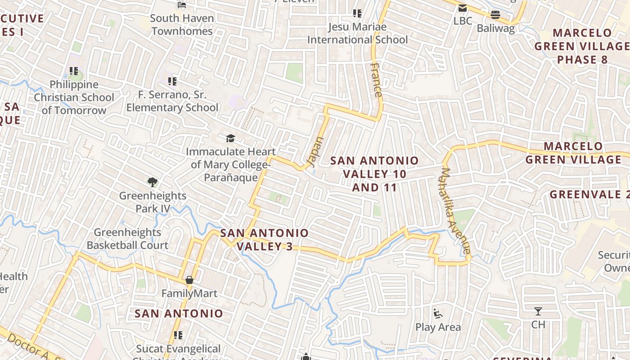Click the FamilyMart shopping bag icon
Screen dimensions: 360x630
coord(189,280)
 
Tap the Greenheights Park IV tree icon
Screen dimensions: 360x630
coord(153,182)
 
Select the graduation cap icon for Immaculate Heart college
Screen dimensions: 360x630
coord(230,138)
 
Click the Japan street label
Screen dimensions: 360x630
coord(315,152)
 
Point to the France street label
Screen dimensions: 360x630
coord(377,80)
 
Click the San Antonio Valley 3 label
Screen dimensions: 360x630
coord(265,239)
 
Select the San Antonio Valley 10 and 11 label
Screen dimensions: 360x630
coord(374,174)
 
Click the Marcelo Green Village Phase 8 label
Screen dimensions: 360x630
coord(582,46)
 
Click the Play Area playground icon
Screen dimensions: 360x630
coord(437,313)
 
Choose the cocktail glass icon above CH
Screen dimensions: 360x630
coord(538,311)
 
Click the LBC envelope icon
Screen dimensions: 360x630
coord(463,8)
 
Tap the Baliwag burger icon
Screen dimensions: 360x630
coord(495,14)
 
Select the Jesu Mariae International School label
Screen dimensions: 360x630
coord(357,33)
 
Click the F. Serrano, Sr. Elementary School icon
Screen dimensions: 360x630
coord(172,81)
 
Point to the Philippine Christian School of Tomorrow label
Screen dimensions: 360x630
coord(74,97)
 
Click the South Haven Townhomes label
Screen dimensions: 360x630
coord(182,25)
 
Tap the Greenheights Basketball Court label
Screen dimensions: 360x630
coord(127,239)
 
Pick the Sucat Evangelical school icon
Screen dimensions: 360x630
coord(178,335)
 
